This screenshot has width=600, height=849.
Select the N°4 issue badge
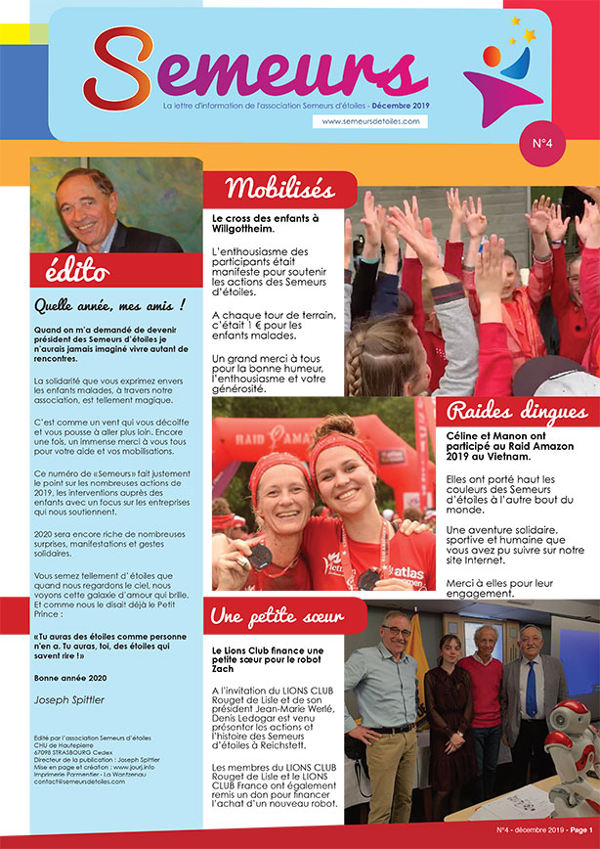(x=542, y=144)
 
